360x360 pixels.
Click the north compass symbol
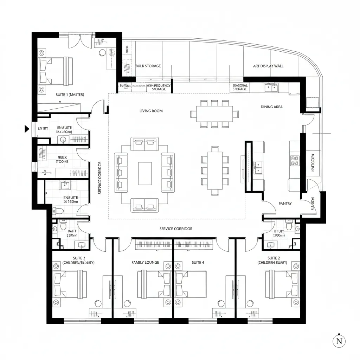[339, 341]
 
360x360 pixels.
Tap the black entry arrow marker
[27, 129]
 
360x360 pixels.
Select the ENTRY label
[43, 129]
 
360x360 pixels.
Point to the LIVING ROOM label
[151, 111]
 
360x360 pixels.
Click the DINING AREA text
[271, 107]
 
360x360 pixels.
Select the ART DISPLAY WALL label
[268, 66]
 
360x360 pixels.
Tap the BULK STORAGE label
[148, 66]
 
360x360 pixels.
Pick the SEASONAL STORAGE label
[240, 87]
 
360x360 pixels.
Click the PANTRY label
[285, 204]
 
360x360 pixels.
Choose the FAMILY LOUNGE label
[145, 263]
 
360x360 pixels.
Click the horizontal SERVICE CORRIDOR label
[176, 229]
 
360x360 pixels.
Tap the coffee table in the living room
[145, 173]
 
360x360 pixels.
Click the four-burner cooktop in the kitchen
[294, 161]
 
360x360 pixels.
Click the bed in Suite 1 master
[56, 71]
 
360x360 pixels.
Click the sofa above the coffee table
[145, 143]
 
